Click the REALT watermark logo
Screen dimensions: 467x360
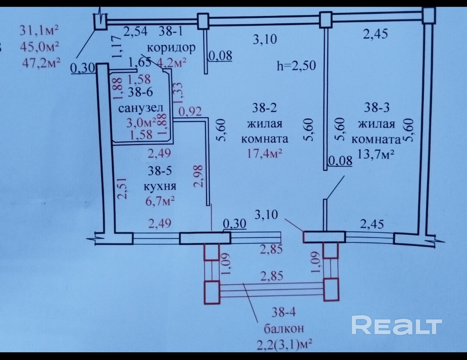pos(396,325)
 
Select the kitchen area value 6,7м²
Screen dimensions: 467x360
pos(160,200)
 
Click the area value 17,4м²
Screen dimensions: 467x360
pos(265,153)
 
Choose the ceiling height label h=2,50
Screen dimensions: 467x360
pos(297,66)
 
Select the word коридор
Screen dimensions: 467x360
pos(171,47)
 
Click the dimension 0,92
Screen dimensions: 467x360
pos(190,112)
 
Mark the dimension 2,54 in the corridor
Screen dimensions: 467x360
pos(136,31)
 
